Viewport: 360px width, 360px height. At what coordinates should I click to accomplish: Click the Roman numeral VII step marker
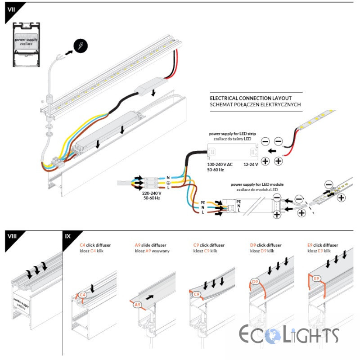(x=11, y=10)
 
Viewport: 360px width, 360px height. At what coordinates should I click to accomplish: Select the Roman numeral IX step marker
(x=68, y=237)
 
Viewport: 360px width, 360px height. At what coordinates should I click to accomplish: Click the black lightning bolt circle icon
(x=81, y=45)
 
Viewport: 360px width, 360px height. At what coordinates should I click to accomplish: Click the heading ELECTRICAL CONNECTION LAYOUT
(x=251, y=98)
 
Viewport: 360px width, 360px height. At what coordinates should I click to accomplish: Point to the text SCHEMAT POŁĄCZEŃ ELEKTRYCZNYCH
(x=255, y=104)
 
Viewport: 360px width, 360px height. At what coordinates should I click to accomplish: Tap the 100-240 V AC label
(x=220, y=165)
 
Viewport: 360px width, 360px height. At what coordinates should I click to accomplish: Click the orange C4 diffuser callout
(x=82, y=295)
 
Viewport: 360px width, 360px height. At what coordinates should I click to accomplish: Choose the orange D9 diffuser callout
(x=255, y=282)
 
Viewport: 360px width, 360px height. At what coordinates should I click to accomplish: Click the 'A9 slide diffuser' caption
(x=152, y=245)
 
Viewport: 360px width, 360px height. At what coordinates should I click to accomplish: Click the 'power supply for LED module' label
(x=256, y=184)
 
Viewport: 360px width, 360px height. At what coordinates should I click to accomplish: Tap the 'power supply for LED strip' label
(x=232, y=134)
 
